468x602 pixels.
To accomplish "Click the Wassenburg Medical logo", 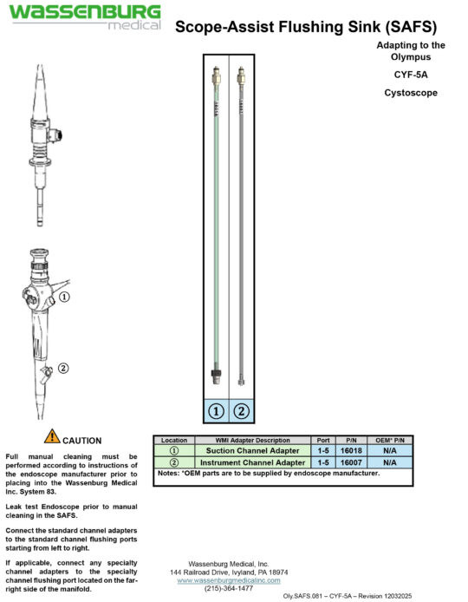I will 85,16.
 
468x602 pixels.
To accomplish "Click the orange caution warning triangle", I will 52,436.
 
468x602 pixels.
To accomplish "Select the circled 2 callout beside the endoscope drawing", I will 62,367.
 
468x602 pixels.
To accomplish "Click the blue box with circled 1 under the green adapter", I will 216,410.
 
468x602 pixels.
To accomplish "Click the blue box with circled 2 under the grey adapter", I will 241,410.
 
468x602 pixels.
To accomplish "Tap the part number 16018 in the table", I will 349,451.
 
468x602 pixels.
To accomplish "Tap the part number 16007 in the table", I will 349,462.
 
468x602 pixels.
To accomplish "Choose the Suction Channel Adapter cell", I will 249,451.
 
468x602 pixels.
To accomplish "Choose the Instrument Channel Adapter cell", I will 249,462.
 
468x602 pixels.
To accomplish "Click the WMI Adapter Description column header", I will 249,441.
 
